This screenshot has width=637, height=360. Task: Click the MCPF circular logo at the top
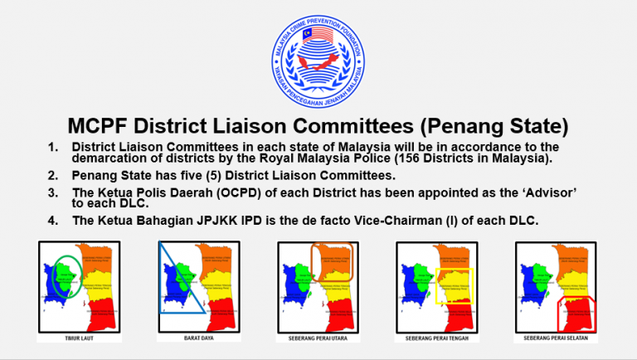(x=318, y=56)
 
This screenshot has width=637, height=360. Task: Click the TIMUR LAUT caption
(x=79, y=338)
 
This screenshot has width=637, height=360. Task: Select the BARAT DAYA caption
(x=198, y=338)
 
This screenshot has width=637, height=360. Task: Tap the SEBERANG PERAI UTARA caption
(x=318, y=338)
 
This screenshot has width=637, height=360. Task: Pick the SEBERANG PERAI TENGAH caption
(x=437, y=338)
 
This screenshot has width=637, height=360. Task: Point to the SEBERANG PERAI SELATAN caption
(x=557, y=338)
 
